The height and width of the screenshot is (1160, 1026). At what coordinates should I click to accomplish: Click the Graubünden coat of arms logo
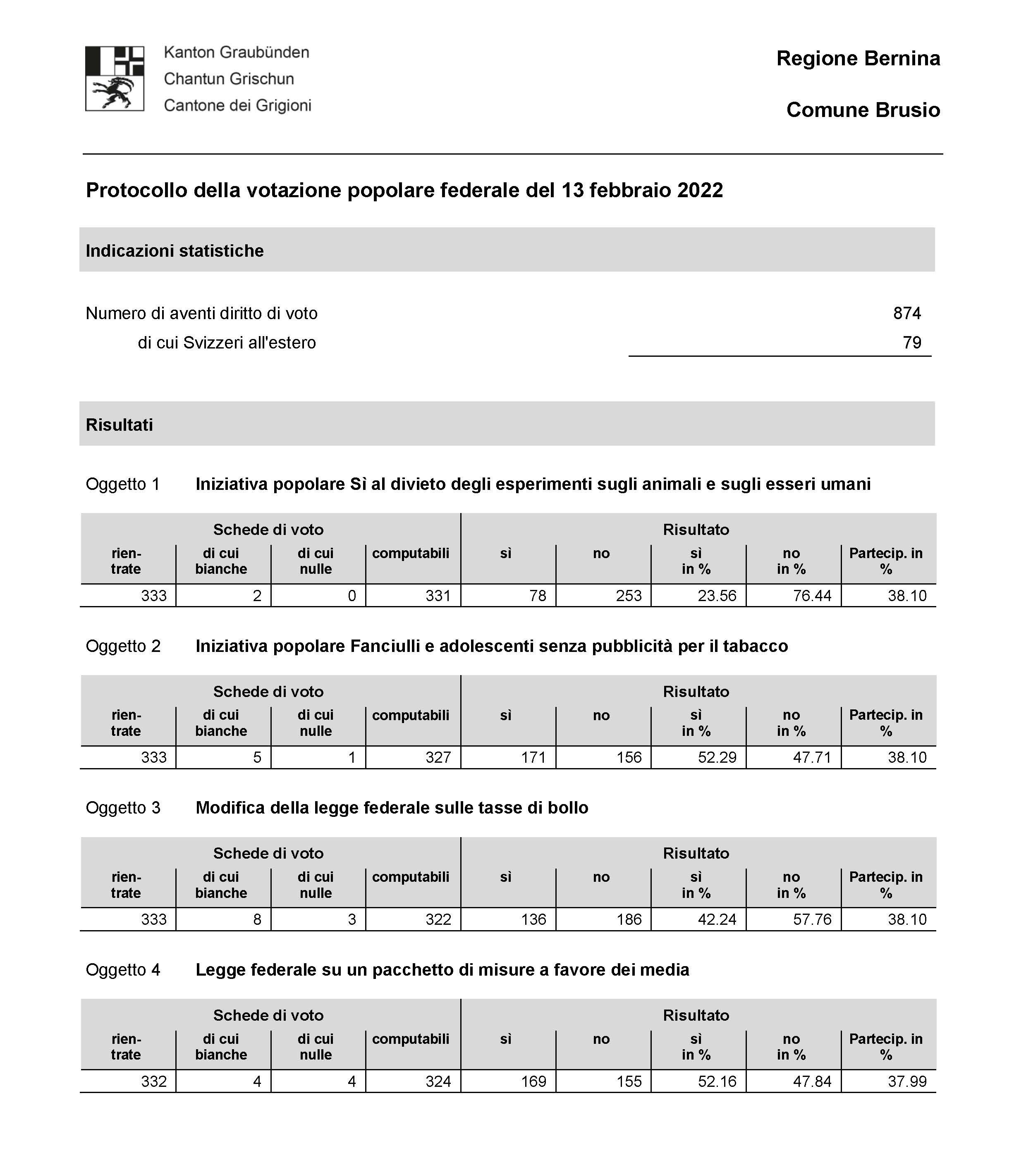114,78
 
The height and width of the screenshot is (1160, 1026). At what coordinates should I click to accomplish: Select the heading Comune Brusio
863,110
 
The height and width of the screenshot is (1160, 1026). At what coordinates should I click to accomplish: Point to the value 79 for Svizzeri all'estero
911,343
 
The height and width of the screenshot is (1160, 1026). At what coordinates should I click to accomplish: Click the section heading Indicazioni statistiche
175,251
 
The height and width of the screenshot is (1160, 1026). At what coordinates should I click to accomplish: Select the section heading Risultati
119,425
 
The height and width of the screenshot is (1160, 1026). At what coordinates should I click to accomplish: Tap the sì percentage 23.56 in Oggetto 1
717,596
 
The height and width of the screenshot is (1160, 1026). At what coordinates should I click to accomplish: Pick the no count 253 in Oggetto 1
629,596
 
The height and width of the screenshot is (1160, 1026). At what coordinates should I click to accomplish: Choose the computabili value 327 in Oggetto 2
438,758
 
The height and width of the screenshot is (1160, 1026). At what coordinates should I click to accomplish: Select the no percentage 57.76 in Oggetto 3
811,919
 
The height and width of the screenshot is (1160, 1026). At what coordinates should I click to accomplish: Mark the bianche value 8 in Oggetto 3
257,919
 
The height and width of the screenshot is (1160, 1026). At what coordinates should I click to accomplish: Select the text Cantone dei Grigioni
237,105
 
